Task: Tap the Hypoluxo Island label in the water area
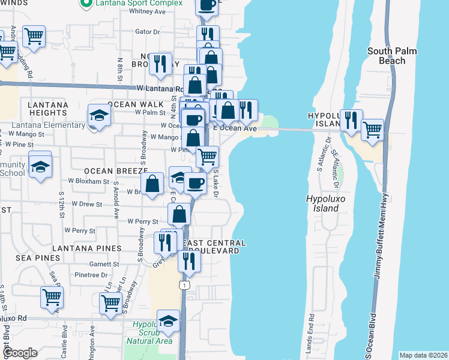coord(322,203)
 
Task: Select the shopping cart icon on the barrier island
coord(373,129)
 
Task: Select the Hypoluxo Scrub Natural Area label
coord(149,332)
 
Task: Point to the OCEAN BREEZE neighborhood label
coord(112,171)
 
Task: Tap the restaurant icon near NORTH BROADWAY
coord(160,65)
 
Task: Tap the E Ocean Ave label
coord(235,128)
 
